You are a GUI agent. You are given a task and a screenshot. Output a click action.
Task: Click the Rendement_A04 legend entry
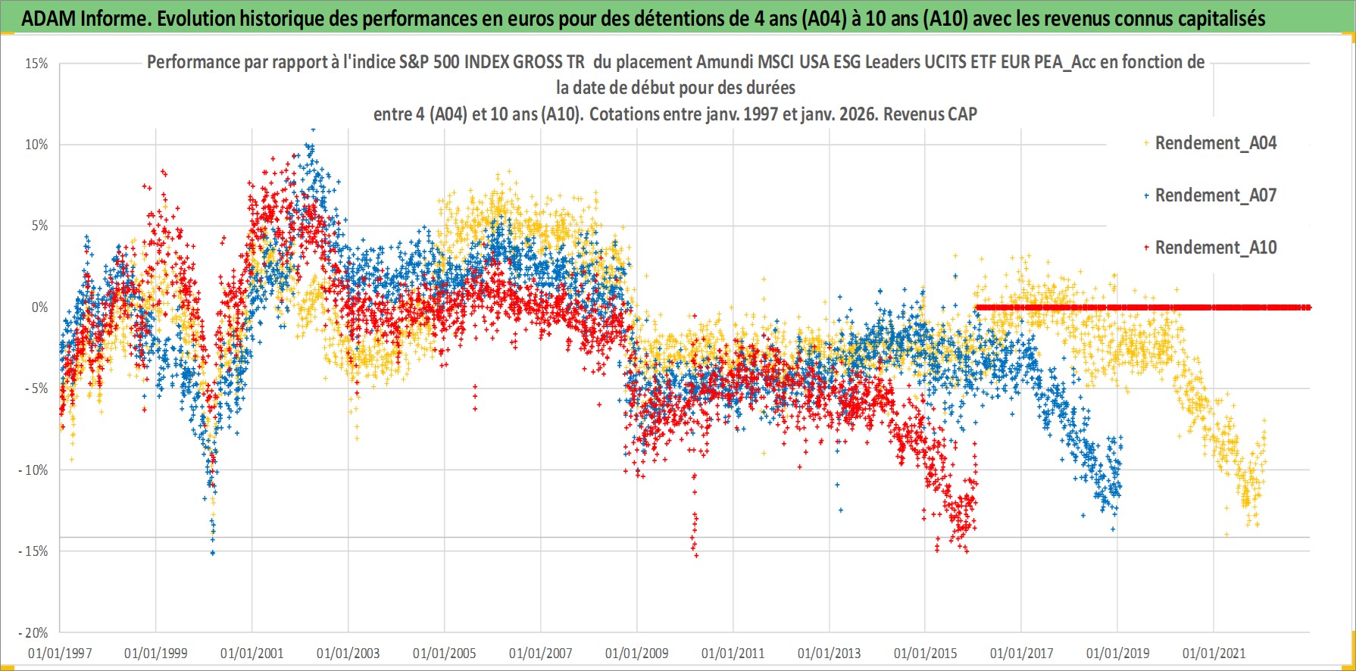tap(1214, 143)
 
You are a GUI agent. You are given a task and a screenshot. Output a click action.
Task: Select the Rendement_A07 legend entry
tap(1214, 195)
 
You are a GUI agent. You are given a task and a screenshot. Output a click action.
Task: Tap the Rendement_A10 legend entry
tap(1214, 248)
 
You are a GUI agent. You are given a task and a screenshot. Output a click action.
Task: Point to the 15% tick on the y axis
tap(36, 64)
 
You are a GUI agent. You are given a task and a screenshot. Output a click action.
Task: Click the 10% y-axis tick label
tap(36, 145)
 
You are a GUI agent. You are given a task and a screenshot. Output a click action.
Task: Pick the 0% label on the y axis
tap(39, 307)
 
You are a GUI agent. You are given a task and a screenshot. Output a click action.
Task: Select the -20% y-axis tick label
tap(33, 633)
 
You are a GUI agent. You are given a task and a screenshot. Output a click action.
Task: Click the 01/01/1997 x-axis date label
tap(60, 653)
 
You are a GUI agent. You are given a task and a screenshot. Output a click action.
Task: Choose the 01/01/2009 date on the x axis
tap(637, 653)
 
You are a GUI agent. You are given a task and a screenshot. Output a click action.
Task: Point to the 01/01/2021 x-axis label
tap(1214, 653)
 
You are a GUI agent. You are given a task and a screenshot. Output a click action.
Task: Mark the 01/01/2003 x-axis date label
tap(348, 653)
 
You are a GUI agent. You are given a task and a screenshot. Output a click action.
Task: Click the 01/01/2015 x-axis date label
tap(926, 653)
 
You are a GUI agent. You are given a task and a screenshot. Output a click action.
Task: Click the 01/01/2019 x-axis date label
tap(1118, 653)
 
